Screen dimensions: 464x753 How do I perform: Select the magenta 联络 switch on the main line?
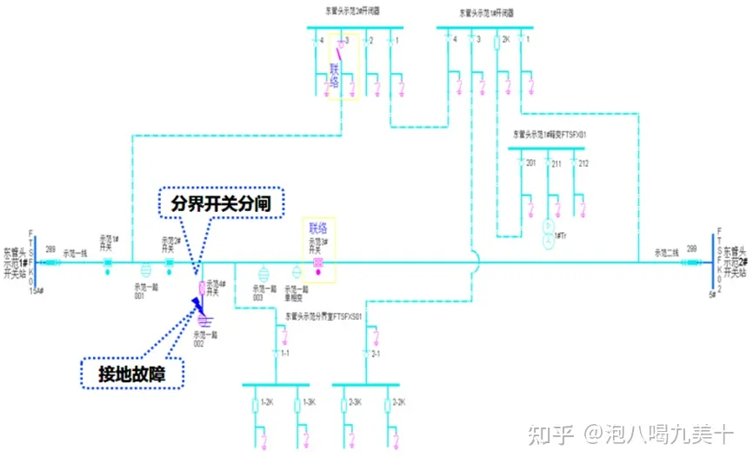[318, 262]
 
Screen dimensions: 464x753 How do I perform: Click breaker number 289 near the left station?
[50, 250]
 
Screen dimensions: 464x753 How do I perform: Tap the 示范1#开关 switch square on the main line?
[108, 262]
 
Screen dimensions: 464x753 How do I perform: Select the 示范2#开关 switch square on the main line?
[170, 262]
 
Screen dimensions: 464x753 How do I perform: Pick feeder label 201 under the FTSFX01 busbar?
[532, 163]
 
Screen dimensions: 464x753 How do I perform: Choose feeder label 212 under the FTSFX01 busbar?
[583, 163]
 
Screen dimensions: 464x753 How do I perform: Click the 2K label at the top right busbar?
[505, 41]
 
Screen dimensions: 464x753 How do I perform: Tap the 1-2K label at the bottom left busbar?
[269, 403]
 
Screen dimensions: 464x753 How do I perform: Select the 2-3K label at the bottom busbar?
[356, 403]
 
